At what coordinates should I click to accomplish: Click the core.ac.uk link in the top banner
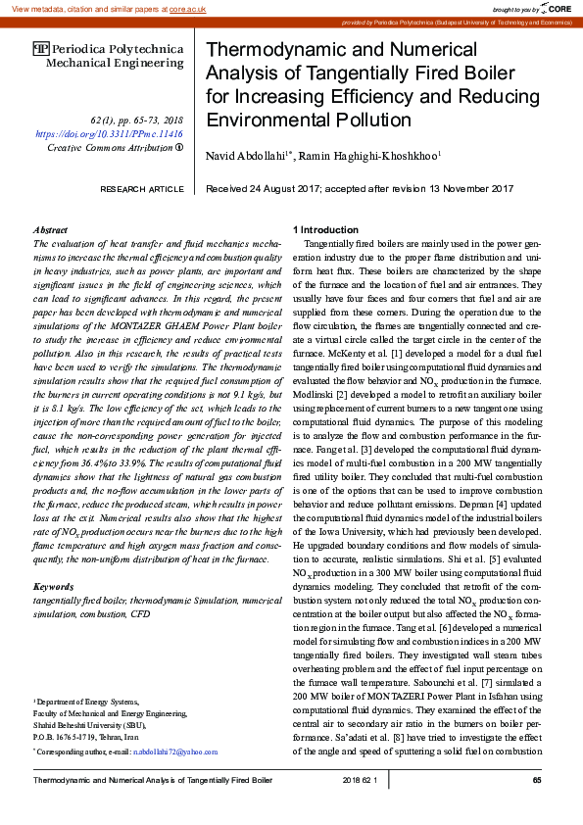click(187, 8)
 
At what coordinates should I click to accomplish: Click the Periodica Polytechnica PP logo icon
click(40, 48)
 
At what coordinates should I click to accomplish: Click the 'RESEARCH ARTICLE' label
click(142, 189)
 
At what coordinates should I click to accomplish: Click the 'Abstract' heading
click(50, 228)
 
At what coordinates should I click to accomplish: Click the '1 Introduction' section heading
click(329, 228)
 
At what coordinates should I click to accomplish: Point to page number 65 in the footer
click(537, 780)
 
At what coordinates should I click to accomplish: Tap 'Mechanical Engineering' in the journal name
click(115, 64)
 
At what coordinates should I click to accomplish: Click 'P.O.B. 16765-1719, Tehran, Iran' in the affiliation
click(86, 735)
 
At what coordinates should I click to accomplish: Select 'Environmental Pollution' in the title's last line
click(309, 121)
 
